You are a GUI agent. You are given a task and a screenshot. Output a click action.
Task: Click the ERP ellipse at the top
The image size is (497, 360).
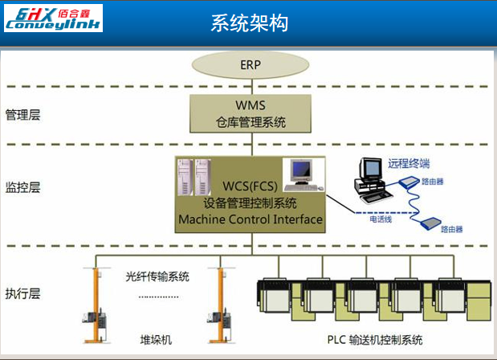point(251,64)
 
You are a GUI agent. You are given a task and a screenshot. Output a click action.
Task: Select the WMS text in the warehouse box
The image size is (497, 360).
point(251,106)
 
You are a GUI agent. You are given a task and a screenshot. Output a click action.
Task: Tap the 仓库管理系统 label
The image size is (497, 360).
point(251,122)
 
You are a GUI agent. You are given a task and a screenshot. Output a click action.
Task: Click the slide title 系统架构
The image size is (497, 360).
point(250,23)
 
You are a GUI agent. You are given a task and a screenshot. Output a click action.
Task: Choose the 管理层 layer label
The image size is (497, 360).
point(22,114)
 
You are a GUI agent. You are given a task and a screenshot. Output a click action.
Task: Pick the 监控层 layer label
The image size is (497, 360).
point(22,187)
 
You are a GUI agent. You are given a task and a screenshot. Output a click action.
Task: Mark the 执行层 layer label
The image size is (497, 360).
point(22,292)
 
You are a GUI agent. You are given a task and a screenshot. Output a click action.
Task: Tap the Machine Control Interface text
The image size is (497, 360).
point(251,219)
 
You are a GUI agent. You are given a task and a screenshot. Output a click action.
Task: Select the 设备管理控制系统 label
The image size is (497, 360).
point(251,203)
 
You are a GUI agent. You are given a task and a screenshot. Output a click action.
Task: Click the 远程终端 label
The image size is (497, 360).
point(404,163)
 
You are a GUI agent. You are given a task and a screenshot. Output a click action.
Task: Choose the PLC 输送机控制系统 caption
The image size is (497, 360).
point(374,339)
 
